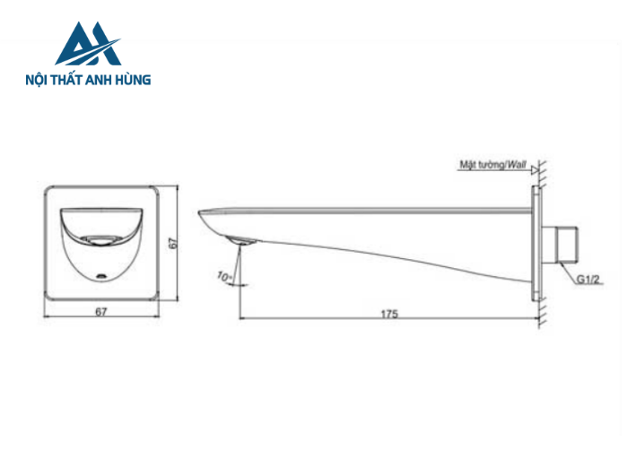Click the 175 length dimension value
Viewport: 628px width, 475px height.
tap(388, 314)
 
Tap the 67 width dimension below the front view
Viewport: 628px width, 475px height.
tap(101, 312)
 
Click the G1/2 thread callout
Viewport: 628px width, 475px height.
tap(588, 279)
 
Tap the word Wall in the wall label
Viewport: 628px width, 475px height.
tap(517, 165)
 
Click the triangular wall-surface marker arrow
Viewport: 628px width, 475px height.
tap(535, 169)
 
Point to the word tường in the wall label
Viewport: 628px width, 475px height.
tap(488, 165)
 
